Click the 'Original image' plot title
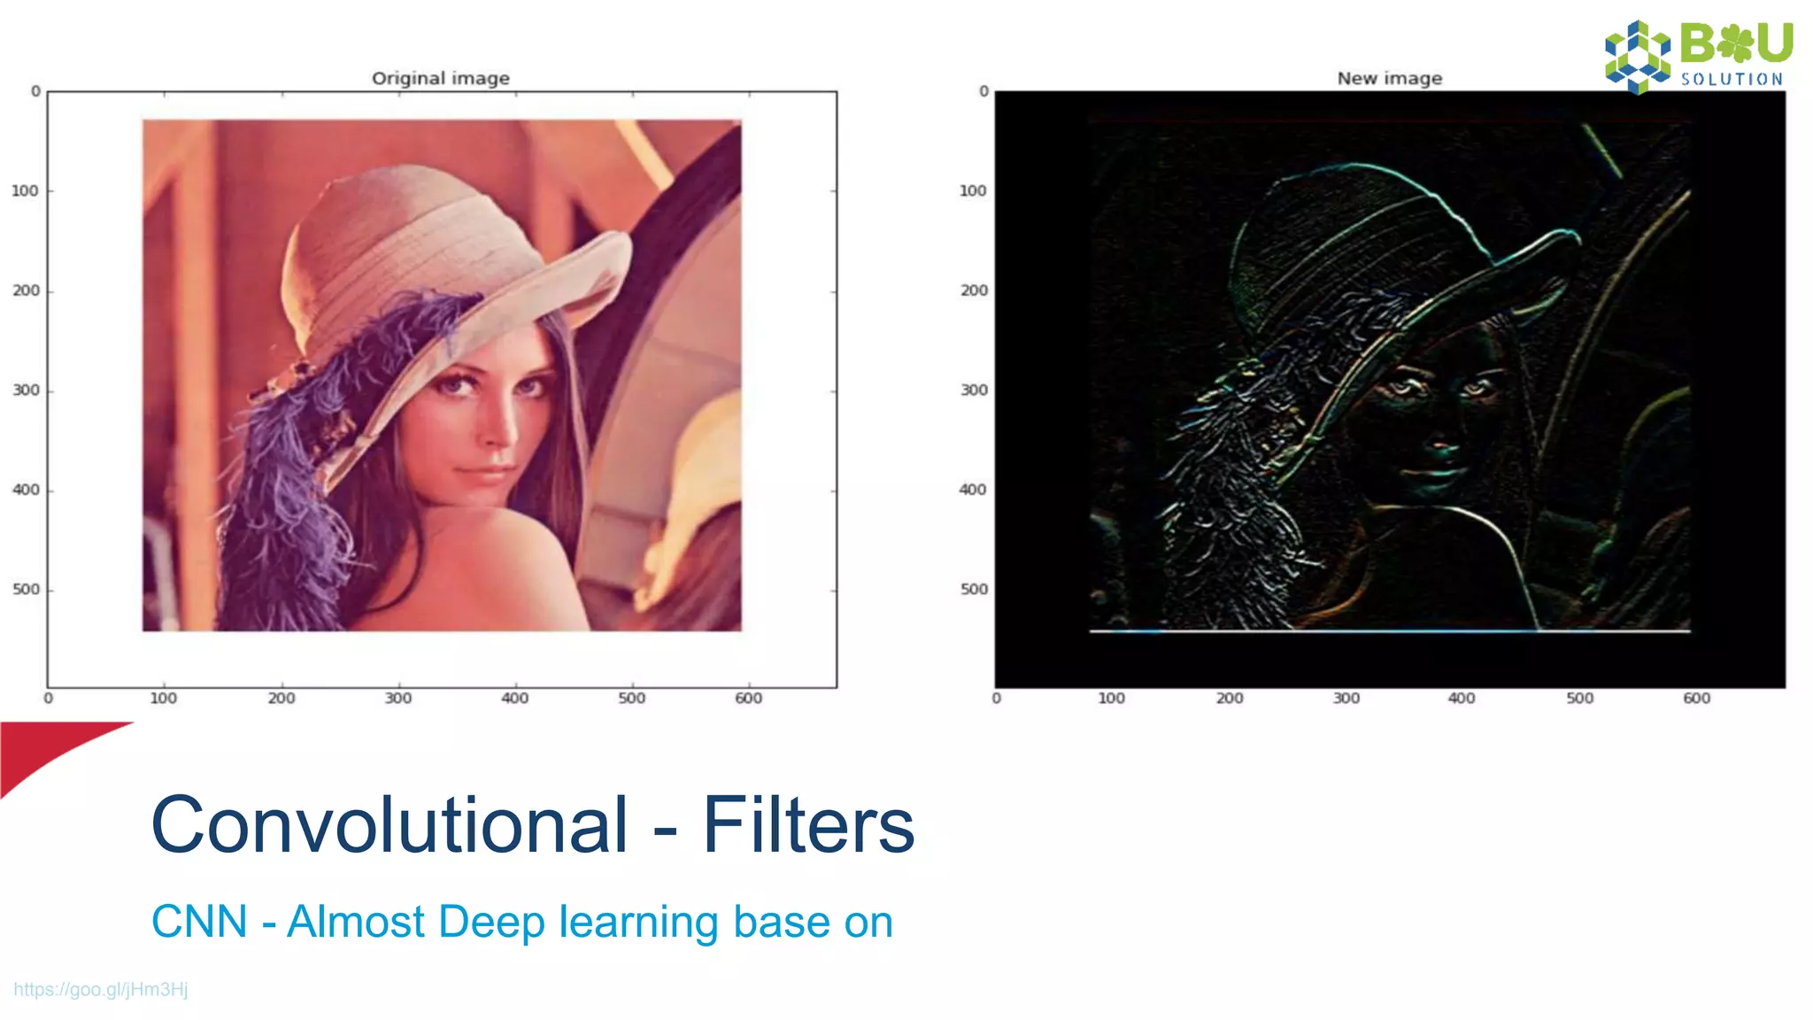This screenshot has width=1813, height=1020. [440, 78]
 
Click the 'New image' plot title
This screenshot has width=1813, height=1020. [1389, 78]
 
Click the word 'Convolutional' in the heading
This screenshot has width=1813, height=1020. [390, 825]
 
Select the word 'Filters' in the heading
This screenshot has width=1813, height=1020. [807, 825]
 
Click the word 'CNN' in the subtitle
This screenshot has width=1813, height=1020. [199, 922]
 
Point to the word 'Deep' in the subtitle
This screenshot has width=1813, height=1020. [490, 922]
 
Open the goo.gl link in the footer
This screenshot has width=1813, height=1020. [101, 989]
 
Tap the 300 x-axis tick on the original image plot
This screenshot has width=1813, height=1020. [398, 699]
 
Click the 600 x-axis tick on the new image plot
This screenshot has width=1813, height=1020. [1696, 699]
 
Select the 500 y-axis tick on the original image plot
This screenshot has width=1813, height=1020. [26, 590]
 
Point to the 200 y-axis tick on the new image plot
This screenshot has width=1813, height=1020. [974, 290]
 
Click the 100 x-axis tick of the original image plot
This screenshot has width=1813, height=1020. [164, 699]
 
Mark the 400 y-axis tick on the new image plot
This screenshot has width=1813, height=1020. [973, 490]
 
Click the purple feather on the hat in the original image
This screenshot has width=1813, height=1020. [292, 460]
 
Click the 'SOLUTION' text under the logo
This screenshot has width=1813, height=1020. [1732, 80]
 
